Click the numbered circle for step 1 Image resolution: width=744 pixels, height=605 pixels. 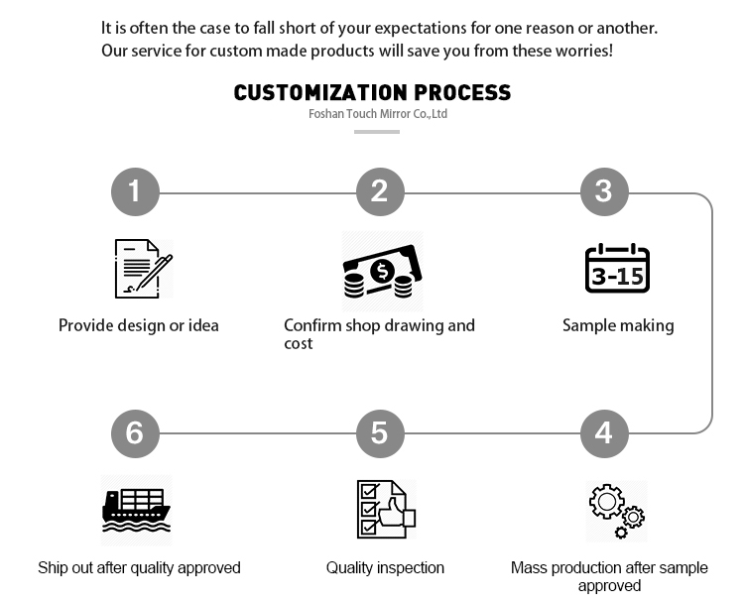[135, 191]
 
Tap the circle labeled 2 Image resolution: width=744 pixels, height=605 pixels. [380, 191]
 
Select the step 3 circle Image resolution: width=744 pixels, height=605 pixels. [604, 191]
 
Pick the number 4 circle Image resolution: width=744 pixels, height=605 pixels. [604, 433]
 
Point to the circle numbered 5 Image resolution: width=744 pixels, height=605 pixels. [380, 433]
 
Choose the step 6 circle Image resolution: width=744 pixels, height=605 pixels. [135, 433]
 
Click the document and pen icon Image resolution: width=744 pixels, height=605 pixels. [143, 269]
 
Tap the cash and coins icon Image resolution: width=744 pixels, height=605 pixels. [383, 272]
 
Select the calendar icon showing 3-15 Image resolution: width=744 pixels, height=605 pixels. [617, 268]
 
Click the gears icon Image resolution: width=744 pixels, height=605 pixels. [617, 511]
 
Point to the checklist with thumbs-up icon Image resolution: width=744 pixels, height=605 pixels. [386, 509]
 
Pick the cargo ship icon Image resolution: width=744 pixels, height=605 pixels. [136, 511]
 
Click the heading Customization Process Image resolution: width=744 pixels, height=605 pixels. [372, 92]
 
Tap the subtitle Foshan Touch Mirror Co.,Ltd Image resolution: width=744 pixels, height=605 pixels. [378, 114]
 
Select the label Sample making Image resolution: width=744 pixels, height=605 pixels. [618, 325]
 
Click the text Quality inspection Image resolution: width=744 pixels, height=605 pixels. [385, 568]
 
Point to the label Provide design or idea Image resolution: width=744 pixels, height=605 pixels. [139, 325]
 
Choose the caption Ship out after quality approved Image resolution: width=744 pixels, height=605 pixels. [139, 568]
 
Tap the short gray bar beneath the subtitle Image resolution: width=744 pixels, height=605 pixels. [377, 132]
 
